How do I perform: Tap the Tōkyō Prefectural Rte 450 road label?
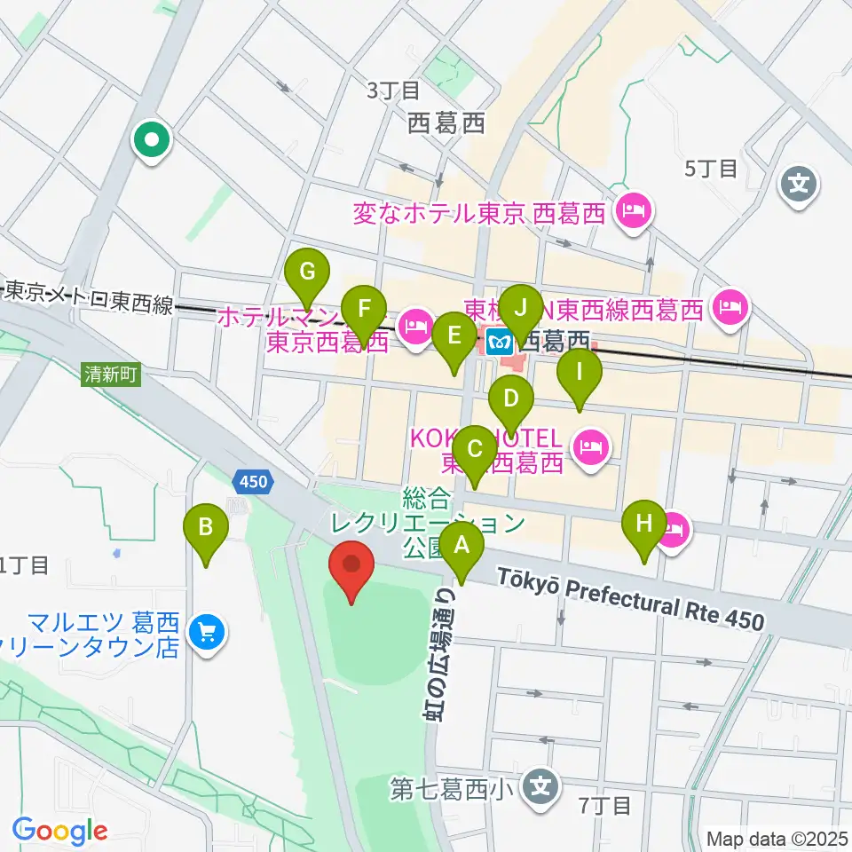pyautogui.click(x=630, y=602)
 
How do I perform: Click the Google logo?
pyautogui.click(x=59, y=831)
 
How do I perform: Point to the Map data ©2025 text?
pyautogui.click(x=776, y=838)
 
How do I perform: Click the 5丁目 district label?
pyautogui.click(x=711, y=169)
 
